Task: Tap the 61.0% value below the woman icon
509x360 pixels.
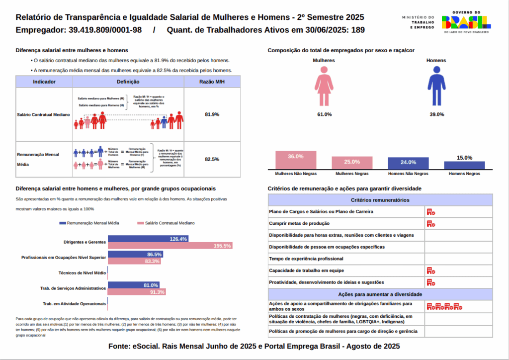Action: coord(324,114)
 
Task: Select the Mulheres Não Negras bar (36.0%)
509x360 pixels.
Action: coord(296,160)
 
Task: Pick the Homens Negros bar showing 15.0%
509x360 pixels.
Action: coord(464,165)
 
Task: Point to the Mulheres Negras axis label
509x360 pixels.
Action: coord(352,174)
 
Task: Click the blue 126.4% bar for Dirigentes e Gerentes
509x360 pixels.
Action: coord(148,239)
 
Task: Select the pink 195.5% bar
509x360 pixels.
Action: coord(170,246)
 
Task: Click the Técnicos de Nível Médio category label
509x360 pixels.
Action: coord(82,273)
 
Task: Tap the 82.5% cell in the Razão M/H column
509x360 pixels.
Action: coord(212,159)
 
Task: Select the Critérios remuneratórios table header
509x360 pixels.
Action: coord(380,200)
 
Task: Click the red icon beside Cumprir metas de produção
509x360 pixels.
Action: coord(431,224)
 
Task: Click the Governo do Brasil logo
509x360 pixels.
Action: coord(466,22)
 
